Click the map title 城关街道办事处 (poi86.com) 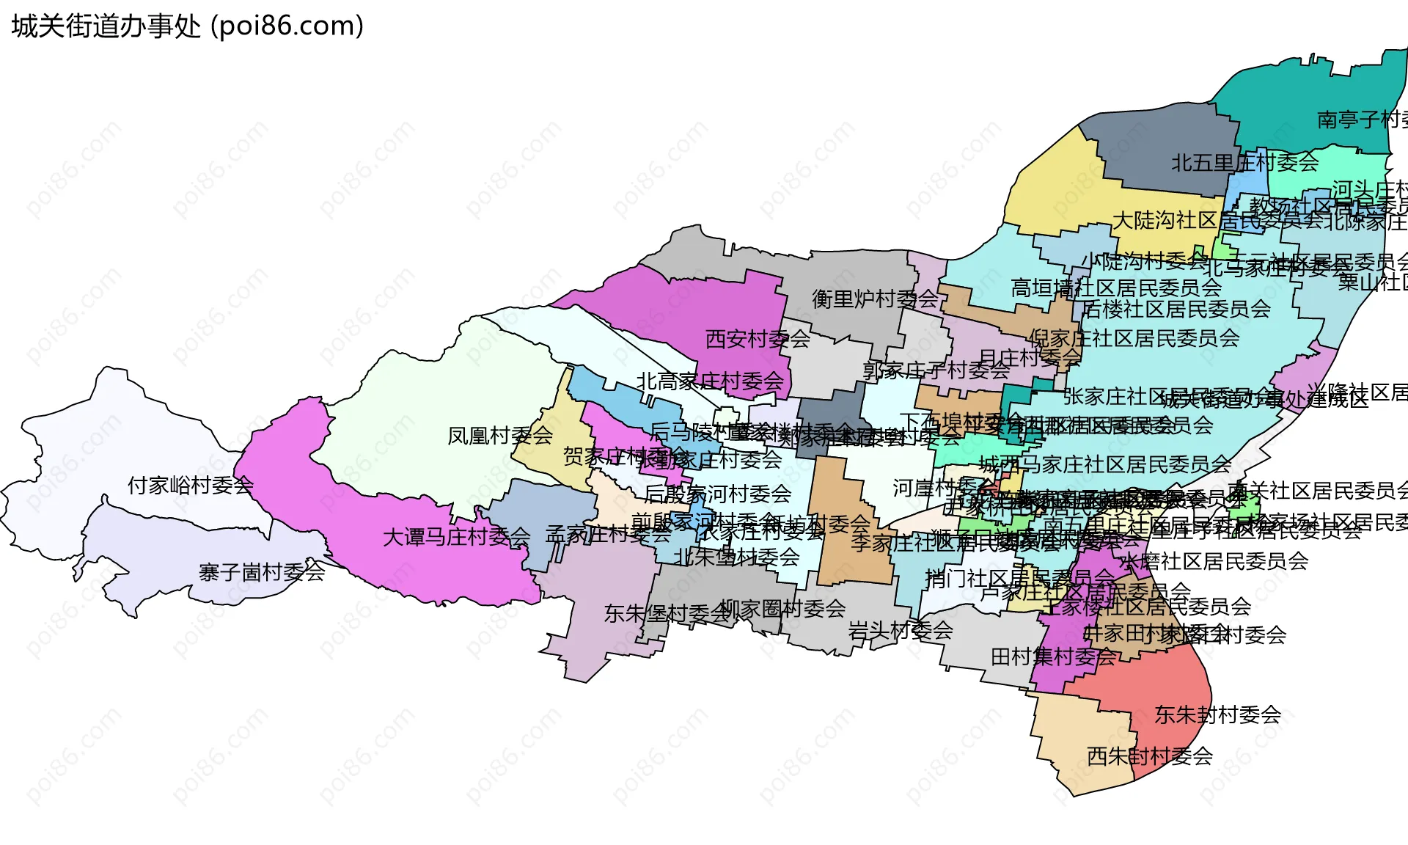tap(188, 26)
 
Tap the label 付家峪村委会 tap(191, 486)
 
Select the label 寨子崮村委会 tap(262, 572)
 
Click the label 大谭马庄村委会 tap(456, 538)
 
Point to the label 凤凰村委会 tap(500, 436)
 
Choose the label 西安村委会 tap(758, 339)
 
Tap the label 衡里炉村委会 tap(875, 299)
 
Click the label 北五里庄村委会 tap(1244, 163)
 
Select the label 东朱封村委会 tap(1217, 714)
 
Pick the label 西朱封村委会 tap(1149, 756)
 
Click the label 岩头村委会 tap(900, 630)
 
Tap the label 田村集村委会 tap(1053, 657)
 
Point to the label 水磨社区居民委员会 tap(1214, 562)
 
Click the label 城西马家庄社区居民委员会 tap(1104, 464)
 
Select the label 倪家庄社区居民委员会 tap(1134, 338)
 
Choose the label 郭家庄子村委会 tap(936, 371)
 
